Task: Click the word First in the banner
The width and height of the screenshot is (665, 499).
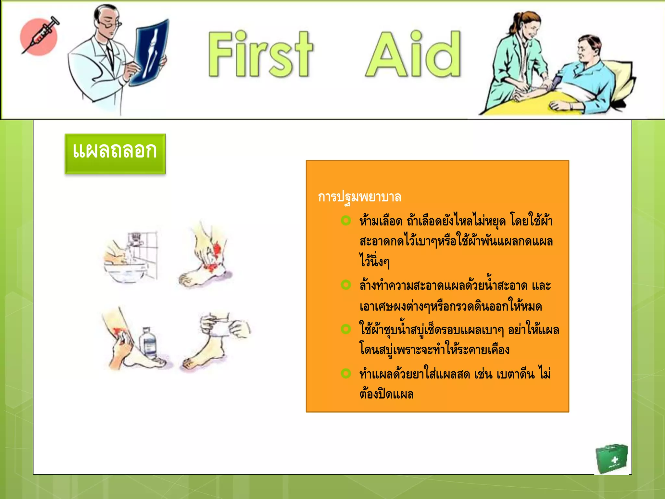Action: tap(260, 55)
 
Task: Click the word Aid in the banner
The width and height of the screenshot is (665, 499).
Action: tap(413, 55)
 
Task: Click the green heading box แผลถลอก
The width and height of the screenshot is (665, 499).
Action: tap(115, 153)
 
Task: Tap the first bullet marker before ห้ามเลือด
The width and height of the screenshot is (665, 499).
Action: tap(346, 221)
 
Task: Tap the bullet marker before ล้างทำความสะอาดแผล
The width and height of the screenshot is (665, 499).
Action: tap(346, 285)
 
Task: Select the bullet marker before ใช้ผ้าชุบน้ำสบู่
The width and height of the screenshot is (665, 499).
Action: tap(346, 329)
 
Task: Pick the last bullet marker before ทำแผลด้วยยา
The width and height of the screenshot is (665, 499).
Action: tap(346, 373)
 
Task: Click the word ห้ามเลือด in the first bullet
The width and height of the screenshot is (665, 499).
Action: tap(381, 222)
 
